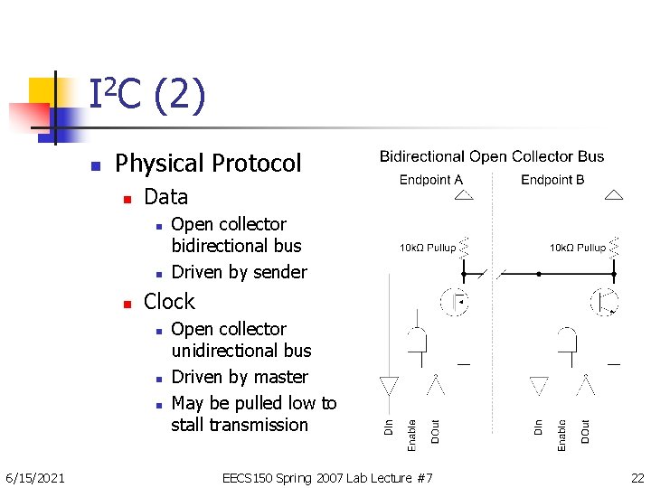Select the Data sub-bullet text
[165, 197]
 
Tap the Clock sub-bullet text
[169, 302]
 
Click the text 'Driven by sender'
[239, 272]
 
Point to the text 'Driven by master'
[240, 377]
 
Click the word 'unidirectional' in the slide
[241, 351]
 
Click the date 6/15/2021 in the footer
[34, 477]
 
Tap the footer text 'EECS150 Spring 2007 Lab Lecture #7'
[327, 477]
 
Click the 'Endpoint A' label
[430, 180]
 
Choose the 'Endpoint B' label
[552, 180]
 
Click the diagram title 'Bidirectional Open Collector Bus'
[492, 157]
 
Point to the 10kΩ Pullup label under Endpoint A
[428, 248]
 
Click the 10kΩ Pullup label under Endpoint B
[578, 248]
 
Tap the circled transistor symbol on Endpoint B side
[604, 301]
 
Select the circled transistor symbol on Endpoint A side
[453, 301]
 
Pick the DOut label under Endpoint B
[585, 430]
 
